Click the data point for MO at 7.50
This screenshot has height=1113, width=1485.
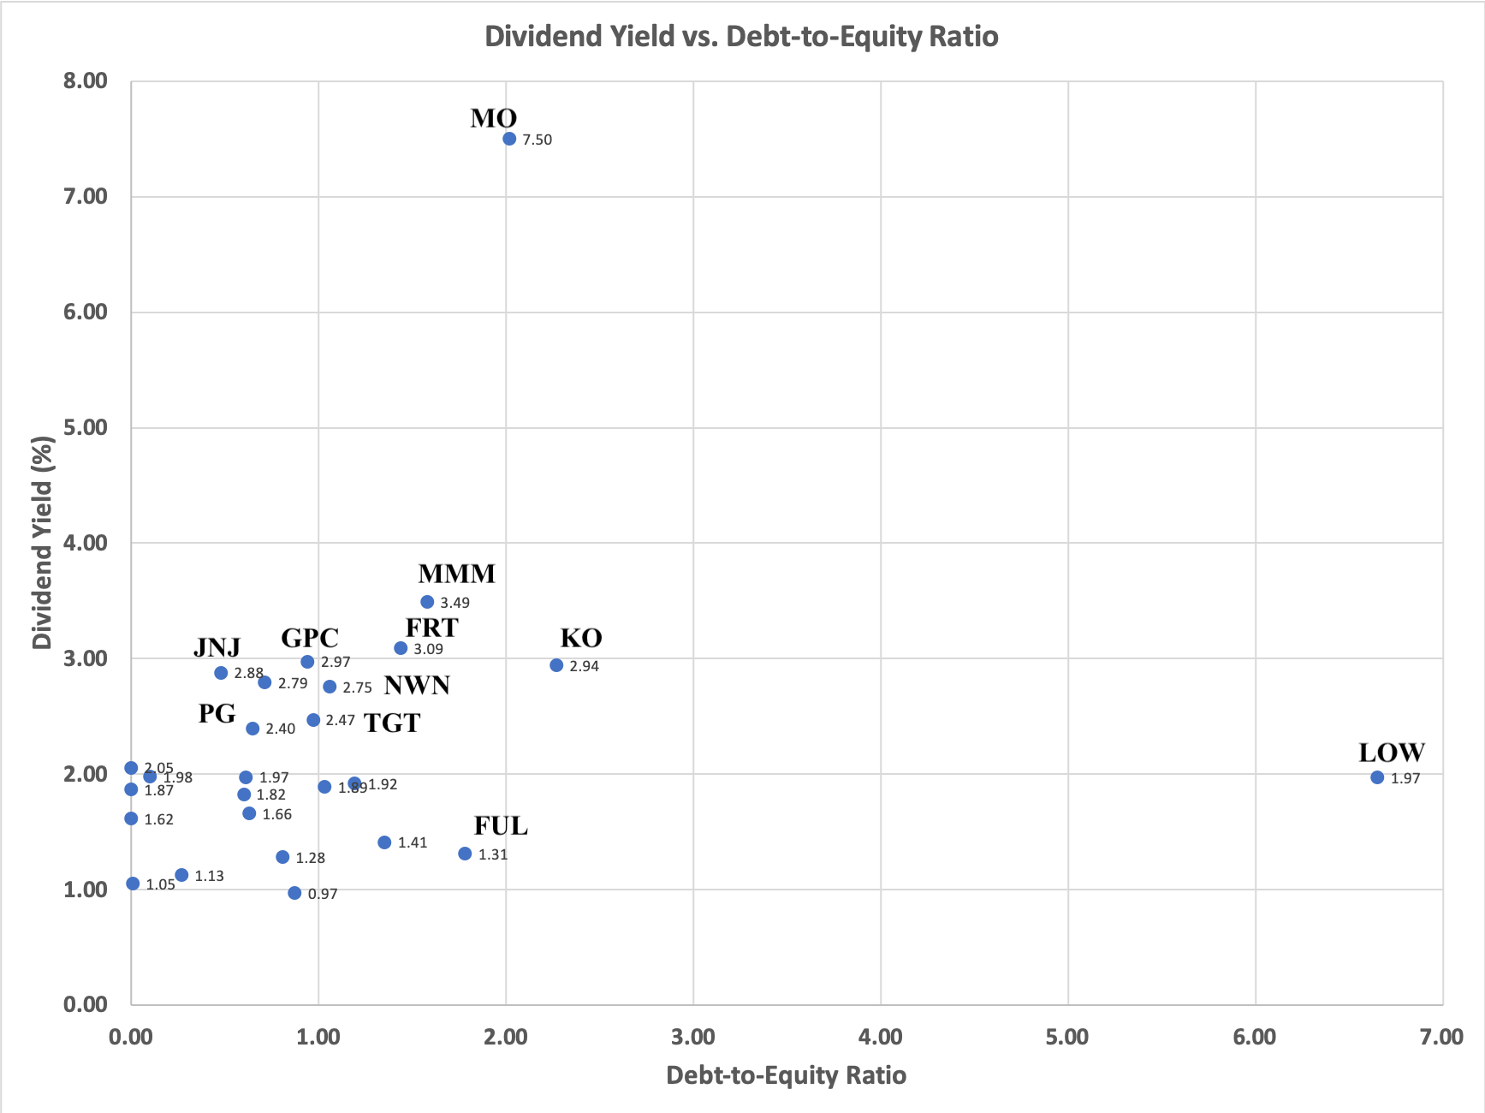coord(509,139)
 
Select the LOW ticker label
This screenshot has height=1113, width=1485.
coord(1392,753)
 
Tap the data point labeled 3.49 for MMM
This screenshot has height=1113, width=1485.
coord(427,602)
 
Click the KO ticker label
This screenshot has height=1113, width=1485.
coord(581,638)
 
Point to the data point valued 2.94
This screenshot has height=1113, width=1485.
coord(556,665)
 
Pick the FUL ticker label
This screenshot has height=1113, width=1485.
coord(501,826)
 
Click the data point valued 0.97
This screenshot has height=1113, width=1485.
coord(294,893)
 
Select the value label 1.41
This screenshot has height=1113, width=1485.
coord(413,843)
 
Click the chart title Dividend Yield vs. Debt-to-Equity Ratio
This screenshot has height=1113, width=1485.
coord(741,37)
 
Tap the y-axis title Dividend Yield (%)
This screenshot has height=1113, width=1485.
coord(42,543)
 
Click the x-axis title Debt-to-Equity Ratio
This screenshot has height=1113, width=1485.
coord(786,1075)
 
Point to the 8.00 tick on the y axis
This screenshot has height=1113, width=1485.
coord(86,81)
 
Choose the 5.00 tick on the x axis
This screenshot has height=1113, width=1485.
coord(1067,1038)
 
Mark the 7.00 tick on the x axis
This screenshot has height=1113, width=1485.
coord(1441,1038)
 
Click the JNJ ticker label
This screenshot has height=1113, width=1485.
coord(217,647)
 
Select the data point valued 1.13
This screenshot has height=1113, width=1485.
coord(181,875)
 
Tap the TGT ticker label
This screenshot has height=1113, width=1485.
coord(392,723)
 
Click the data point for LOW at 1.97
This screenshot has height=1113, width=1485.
coord(1377,777)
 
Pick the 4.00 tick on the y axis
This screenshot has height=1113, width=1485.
coord(86,543)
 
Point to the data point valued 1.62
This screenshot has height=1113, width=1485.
coord(131,818)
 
